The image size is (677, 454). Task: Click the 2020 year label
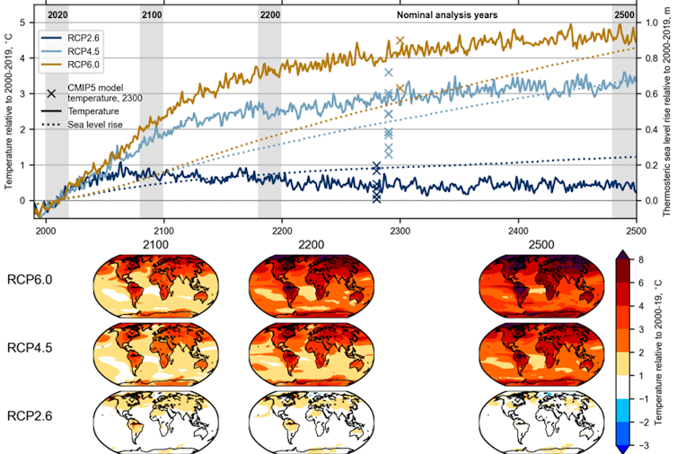click(57, 15)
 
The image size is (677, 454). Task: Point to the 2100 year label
click(152, 15)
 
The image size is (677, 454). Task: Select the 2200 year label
click(269, 15)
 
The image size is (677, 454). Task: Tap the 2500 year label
click(624, 15)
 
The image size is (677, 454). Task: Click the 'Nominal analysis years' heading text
click(446, 15)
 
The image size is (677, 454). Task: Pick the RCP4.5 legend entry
click(86, 52)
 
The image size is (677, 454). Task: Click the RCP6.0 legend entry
click(86, 65)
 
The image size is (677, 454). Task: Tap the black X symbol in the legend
click(51, 93)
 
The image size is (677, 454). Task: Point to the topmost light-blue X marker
click(388, 72)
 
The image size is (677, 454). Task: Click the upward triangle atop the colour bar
click(621, 254)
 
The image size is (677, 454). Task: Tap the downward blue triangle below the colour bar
click(621, 449)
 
